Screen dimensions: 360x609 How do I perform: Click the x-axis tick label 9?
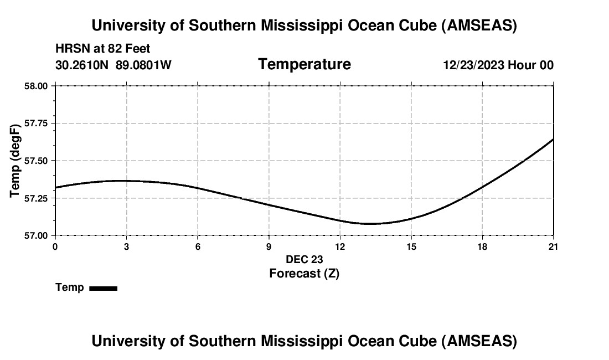coord(269,246)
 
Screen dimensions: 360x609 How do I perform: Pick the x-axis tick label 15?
coord(411,246)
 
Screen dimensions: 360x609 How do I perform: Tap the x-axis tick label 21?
coord(553,246)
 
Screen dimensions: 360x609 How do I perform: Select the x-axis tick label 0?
coord(55,246)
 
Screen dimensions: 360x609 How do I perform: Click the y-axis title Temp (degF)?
coord(16,161)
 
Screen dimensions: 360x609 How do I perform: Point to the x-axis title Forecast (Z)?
coord(304,273)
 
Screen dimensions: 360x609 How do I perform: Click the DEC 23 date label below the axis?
coord(304,259)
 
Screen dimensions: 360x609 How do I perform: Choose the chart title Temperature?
coord(304,64)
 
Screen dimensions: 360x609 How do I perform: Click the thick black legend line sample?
coord(104,288)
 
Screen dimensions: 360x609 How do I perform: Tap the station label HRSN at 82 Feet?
coord(102,49)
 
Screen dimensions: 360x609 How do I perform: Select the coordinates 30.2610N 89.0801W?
coord(113,65)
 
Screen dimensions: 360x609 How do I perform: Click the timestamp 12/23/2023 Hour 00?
coord(498,65)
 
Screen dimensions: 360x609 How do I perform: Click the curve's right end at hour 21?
coord(553,140)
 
